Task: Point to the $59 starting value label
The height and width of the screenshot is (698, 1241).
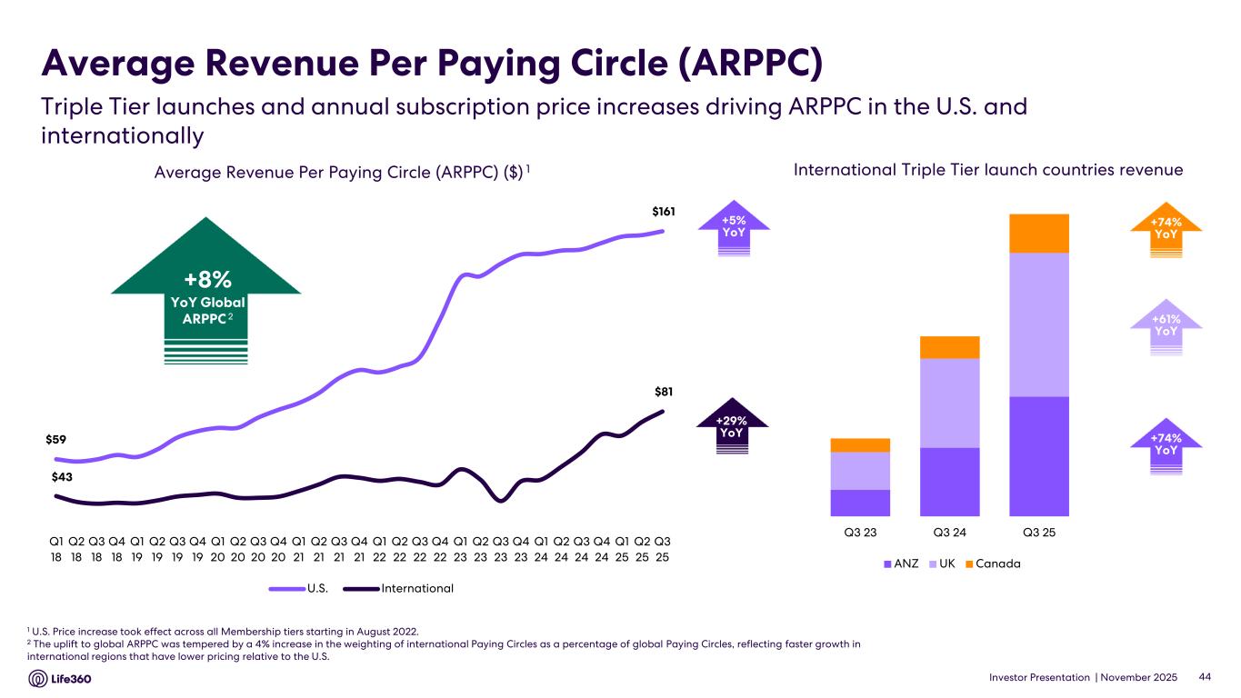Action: (x=57, y=439)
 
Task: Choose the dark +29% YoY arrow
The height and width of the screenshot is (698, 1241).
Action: (x=732, y=426)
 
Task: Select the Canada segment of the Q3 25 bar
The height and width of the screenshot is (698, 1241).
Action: (x=1038, y=233)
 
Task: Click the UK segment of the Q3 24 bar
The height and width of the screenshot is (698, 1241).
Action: (x=949, y=403)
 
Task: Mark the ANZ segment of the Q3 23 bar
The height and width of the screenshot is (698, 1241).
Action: (x=859, y=503)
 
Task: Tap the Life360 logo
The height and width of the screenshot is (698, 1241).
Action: (x=60, y=679)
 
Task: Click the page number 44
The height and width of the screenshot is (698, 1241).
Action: (x=1206, y=677)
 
